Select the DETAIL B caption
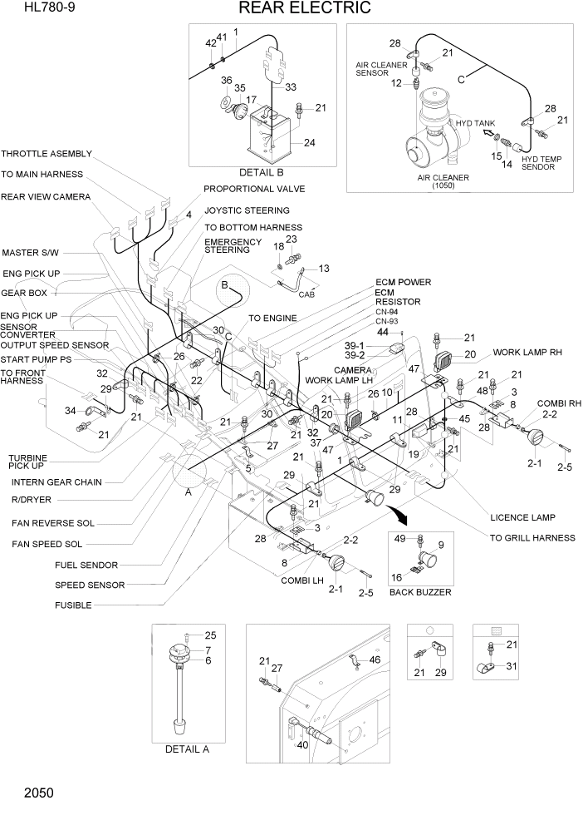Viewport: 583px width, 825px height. (x=261, y=172)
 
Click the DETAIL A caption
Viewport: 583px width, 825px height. (x=187, y=748)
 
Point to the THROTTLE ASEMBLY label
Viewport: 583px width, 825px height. (x=47, y=154)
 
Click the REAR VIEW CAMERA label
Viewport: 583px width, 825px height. (x=46, y=197)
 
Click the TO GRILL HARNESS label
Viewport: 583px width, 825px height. (x=532, y=538)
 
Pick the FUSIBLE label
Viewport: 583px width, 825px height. (x=73, y=605)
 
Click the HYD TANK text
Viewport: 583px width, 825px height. (x=474, y=123)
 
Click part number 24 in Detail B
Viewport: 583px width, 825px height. (x=309, y=142)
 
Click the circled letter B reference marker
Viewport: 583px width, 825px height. (x=223, y=285)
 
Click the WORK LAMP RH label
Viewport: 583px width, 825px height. (x=527, y=353)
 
